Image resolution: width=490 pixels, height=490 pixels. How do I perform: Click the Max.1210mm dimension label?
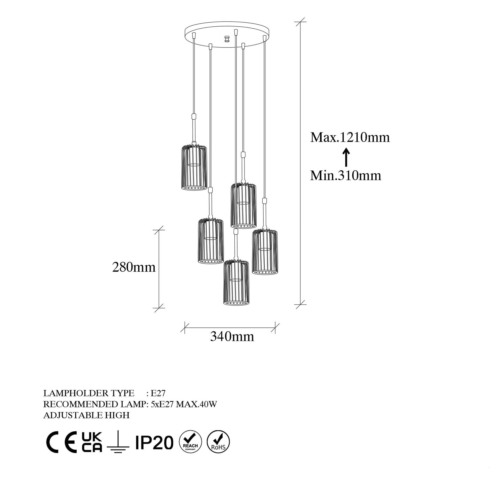click(x=350, y=138)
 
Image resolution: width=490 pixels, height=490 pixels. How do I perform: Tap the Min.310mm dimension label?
click(x=346, y=175)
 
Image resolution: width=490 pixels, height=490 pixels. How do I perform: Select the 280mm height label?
click(x=134, y=267)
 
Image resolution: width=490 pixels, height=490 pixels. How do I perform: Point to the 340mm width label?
click(x=232, y=337)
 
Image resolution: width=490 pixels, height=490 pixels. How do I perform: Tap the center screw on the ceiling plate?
click(x=227, y=39)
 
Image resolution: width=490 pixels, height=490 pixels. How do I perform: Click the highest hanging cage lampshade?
click(x=194, y=167)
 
